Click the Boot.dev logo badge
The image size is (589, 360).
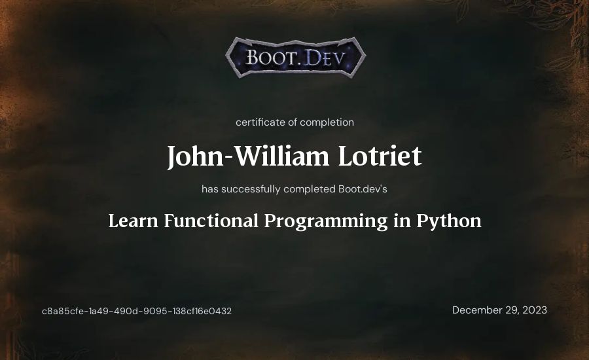pyautogui.click(x=296, y=58)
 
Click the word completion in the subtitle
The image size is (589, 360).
pyautogui.click(x=327, y=122)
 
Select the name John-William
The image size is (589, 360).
pyautogui.click(x=248, y=156)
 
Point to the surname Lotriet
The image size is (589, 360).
pyautogui.click(x=380, y=156)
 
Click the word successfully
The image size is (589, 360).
pyautogui.click(x=251, y=189)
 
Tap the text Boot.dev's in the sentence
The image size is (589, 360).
pyautogui.click(x=363, y=189)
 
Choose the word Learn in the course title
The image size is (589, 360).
pyautogui.click(x=133, y=221)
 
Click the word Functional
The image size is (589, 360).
pyautogui.click(x=211, y=221)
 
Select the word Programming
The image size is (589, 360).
pyautogui.click(x=326, y=221)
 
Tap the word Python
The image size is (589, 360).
pyautogui.click(x=449, y=221)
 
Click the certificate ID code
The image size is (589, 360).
pyautogui.click(x=137, y=311)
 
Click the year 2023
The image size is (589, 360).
pyautogui.click(x=535, y=310)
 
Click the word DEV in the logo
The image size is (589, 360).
pyautogui.click(x=324, y=58)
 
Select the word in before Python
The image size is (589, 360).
pyautogui.click(x=402, y=221)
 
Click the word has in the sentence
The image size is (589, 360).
pyautogui.click(x=209, y=189)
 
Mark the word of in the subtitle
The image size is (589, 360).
pyautogui.click(x=293, y=122)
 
